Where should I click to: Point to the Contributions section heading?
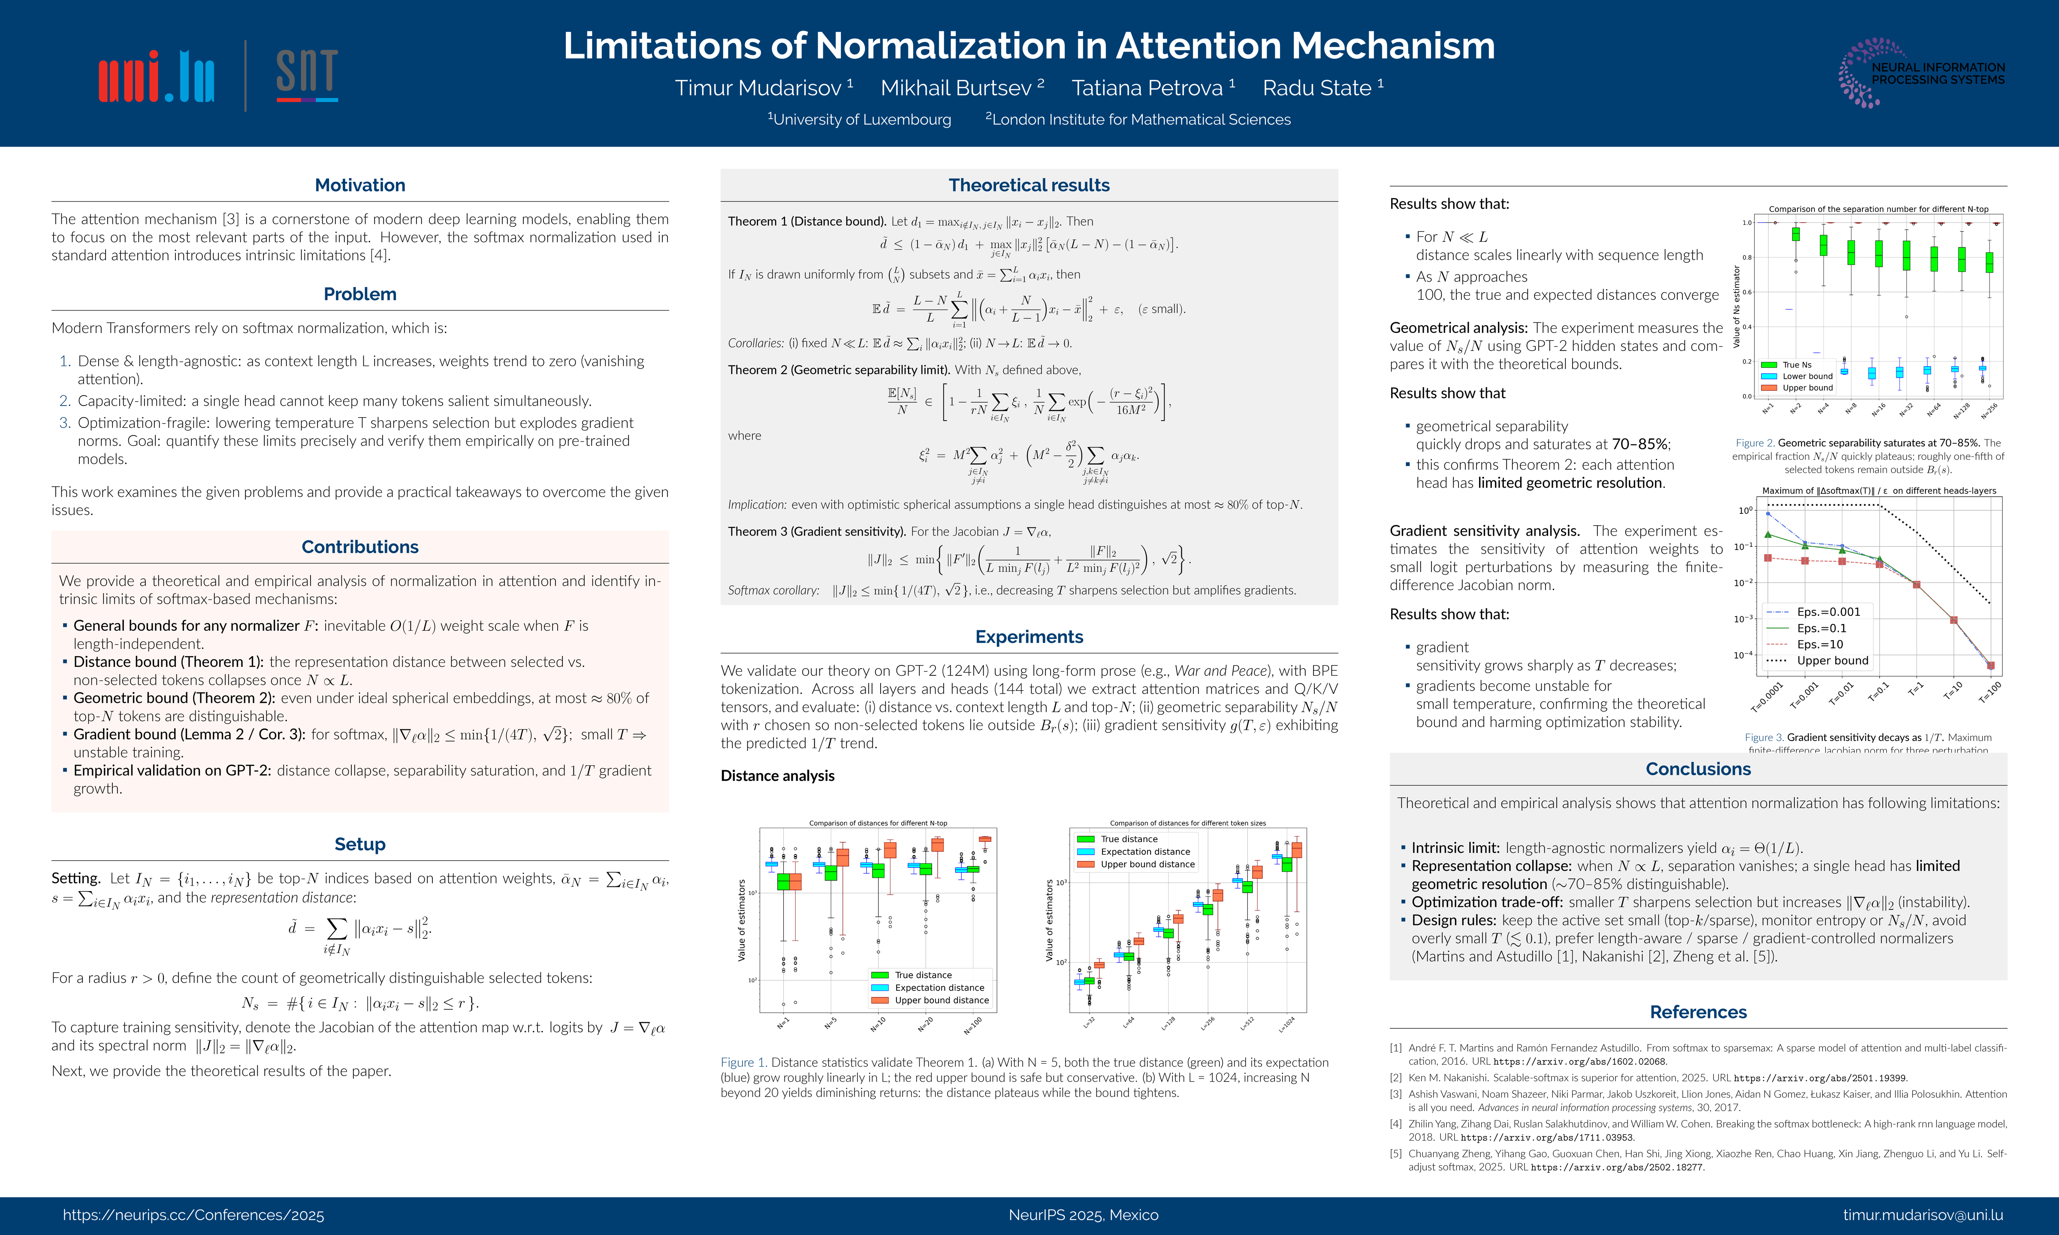pyautogui.click(x=359, y=547)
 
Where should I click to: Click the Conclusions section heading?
pyautogui.click(x=1698, y=769)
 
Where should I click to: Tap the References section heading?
pyautogui.click(x=1698, y=1012)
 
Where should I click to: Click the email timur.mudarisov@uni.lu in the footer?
pyautogui.click(x=1923, y=1215)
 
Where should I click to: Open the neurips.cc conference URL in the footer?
pyautogui.click(x=193, y=1215)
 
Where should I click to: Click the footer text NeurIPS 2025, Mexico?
pyautogui.click(x=1083, y=1215)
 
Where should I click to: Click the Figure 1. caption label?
pyautogui.click(x=743, y=1063)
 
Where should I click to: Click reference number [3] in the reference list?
pyautogui.click(x=1396, y=1094)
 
